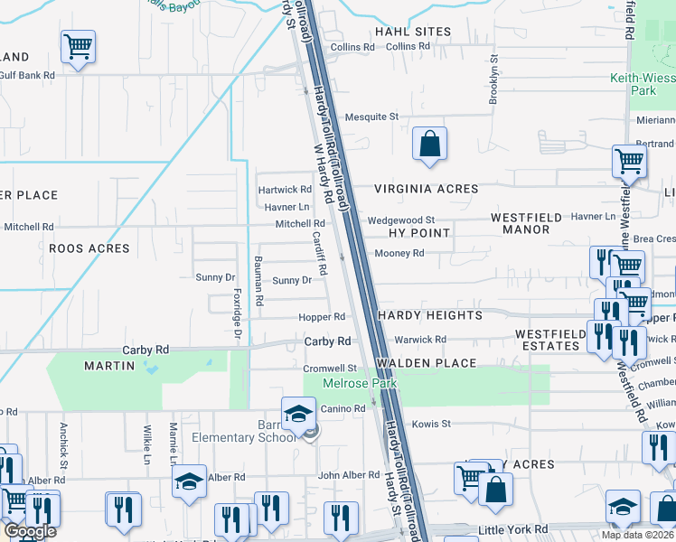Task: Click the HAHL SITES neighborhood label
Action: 413,32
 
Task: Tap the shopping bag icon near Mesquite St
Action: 429,143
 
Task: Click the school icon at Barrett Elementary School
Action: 297,413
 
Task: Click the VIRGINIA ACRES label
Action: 427,189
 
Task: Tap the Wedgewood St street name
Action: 401,220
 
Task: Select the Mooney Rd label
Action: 399,254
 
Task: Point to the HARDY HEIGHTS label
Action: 430,315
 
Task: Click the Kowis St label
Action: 431,424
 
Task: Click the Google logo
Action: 29,530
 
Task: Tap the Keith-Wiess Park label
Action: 642,85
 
